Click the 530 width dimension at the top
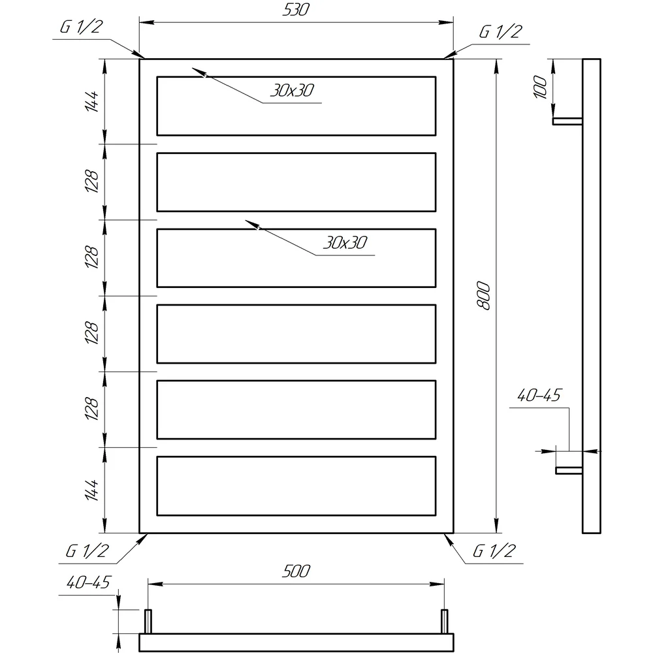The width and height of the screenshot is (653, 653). click(x=296, y=10)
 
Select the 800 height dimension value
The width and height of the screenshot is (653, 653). click(x=484, y=296)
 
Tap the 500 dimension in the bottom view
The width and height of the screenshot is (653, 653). click(x=296, y=571)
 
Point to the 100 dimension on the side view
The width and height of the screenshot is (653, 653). click(x=540, y=87)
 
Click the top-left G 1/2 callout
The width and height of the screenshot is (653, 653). click(x=81, y=27)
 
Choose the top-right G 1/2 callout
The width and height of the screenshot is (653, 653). click(x=500, y=32)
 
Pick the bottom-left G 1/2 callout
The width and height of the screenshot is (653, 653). click(x=87, y=551)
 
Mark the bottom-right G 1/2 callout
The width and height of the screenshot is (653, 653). click(x=494, y=551)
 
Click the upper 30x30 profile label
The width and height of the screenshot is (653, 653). click(x=292, y=90)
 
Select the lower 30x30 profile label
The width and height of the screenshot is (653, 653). click(x=345, y=242)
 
